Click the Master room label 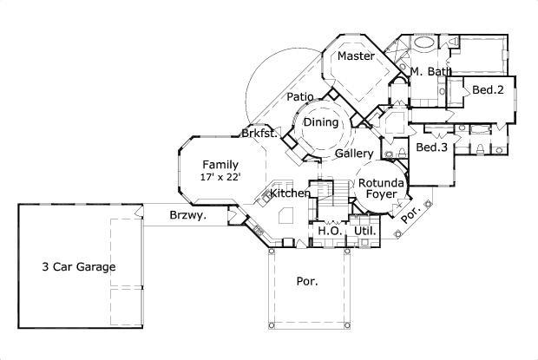[356, 56]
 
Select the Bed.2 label [488, 89]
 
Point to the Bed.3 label [431, 147]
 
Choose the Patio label [300, 97]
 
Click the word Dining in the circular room [320, 123]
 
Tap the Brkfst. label [260, 134]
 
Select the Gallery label [354, 154]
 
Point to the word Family [220, 164]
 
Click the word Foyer [381, 195]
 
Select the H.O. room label [329, 232]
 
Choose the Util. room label [365, 232]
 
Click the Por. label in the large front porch [307, 281]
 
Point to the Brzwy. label [187, 216]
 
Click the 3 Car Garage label [78, 267]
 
